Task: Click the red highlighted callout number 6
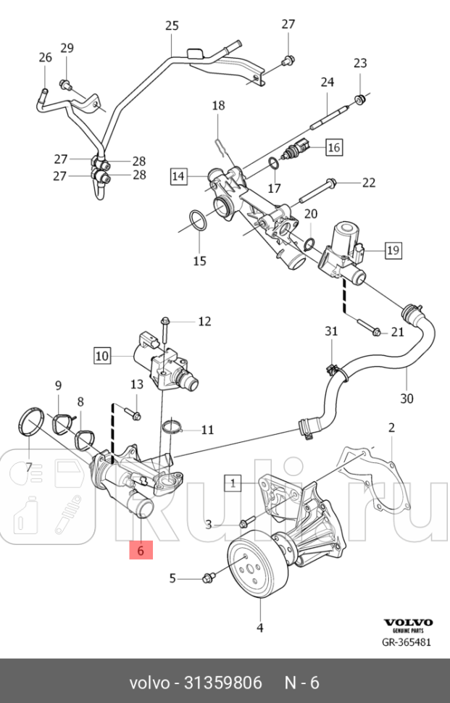[x=141, y=551]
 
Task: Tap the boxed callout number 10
[x=101, y=355]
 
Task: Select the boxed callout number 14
[x=179, y=175]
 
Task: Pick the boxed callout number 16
[x=333, y=148]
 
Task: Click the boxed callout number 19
[x=392, y=251]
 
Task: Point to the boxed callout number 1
[x=233, y=481]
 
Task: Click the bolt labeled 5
[x=209, y=578]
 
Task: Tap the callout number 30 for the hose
[x=407, y=398]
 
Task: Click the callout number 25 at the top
[x=172, y=26]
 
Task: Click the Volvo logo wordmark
[x=408, y=622]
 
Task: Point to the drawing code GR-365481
[x=407, y=642]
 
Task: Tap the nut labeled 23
[x=358, y=99]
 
